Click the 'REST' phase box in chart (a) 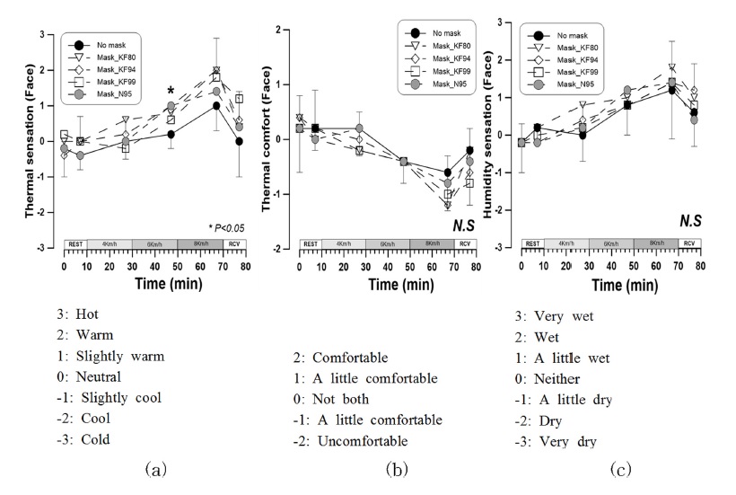click(76, 243)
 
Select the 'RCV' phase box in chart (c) click(688, 243)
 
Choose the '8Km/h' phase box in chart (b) click(432, 243)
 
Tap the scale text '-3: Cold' click(87, 439)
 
